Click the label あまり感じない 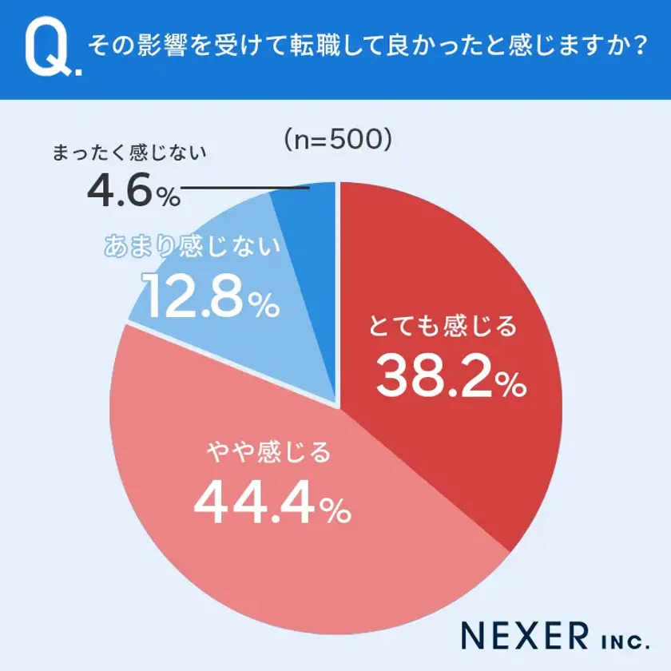click(x=193, y=247)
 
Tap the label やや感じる click(x=267, y=453)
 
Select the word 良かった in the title click(x=433, y=46)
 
